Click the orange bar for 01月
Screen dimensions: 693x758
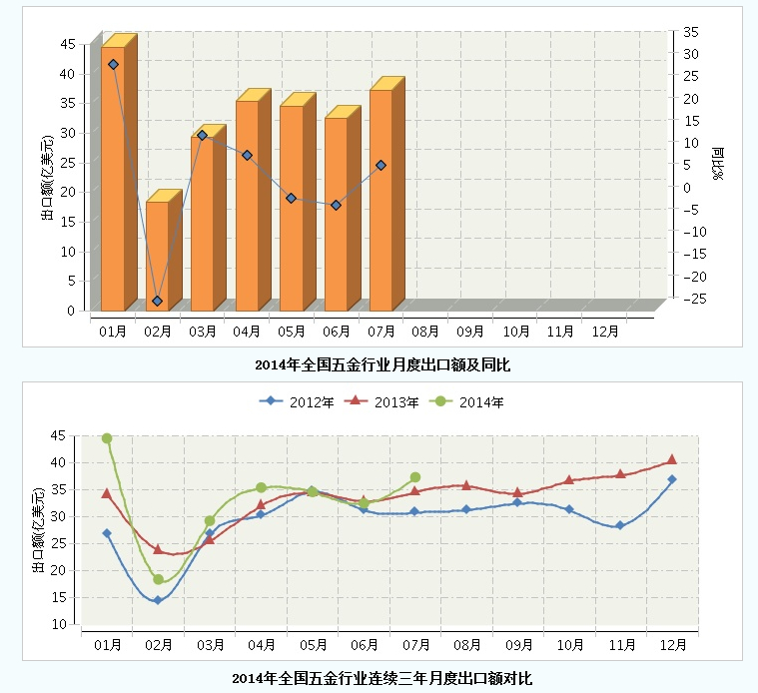[112, 180]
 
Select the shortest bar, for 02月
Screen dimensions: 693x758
[157, 256]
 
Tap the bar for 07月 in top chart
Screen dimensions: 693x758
[380, 200]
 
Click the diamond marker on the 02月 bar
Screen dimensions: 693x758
[157, 301]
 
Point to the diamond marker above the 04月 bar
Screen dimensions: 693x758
[247, 156]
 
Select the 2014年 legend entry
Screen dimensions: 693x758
[465, 402]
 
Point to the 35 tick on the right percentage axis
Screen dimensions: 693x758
[691, 32]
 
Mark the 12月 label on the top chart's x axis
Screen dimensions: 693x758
[605, 331]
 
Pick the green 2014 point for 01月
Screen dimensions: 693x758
[107, 438]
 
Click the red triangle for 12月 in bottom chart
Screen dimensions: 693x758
[672, 459]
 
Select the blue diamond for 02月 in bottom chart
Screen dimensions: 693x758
[157, 600]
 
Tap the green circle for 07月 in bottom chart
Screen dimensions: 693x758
[415, 477]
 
